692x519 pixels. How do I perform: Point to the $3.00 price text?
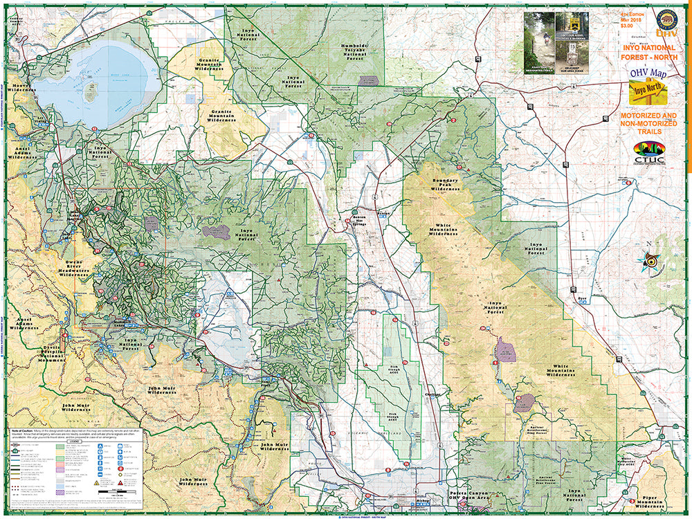[x=627, y=26]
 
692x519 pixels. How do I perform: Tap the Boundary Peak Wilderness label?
[x=446, y=185]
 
